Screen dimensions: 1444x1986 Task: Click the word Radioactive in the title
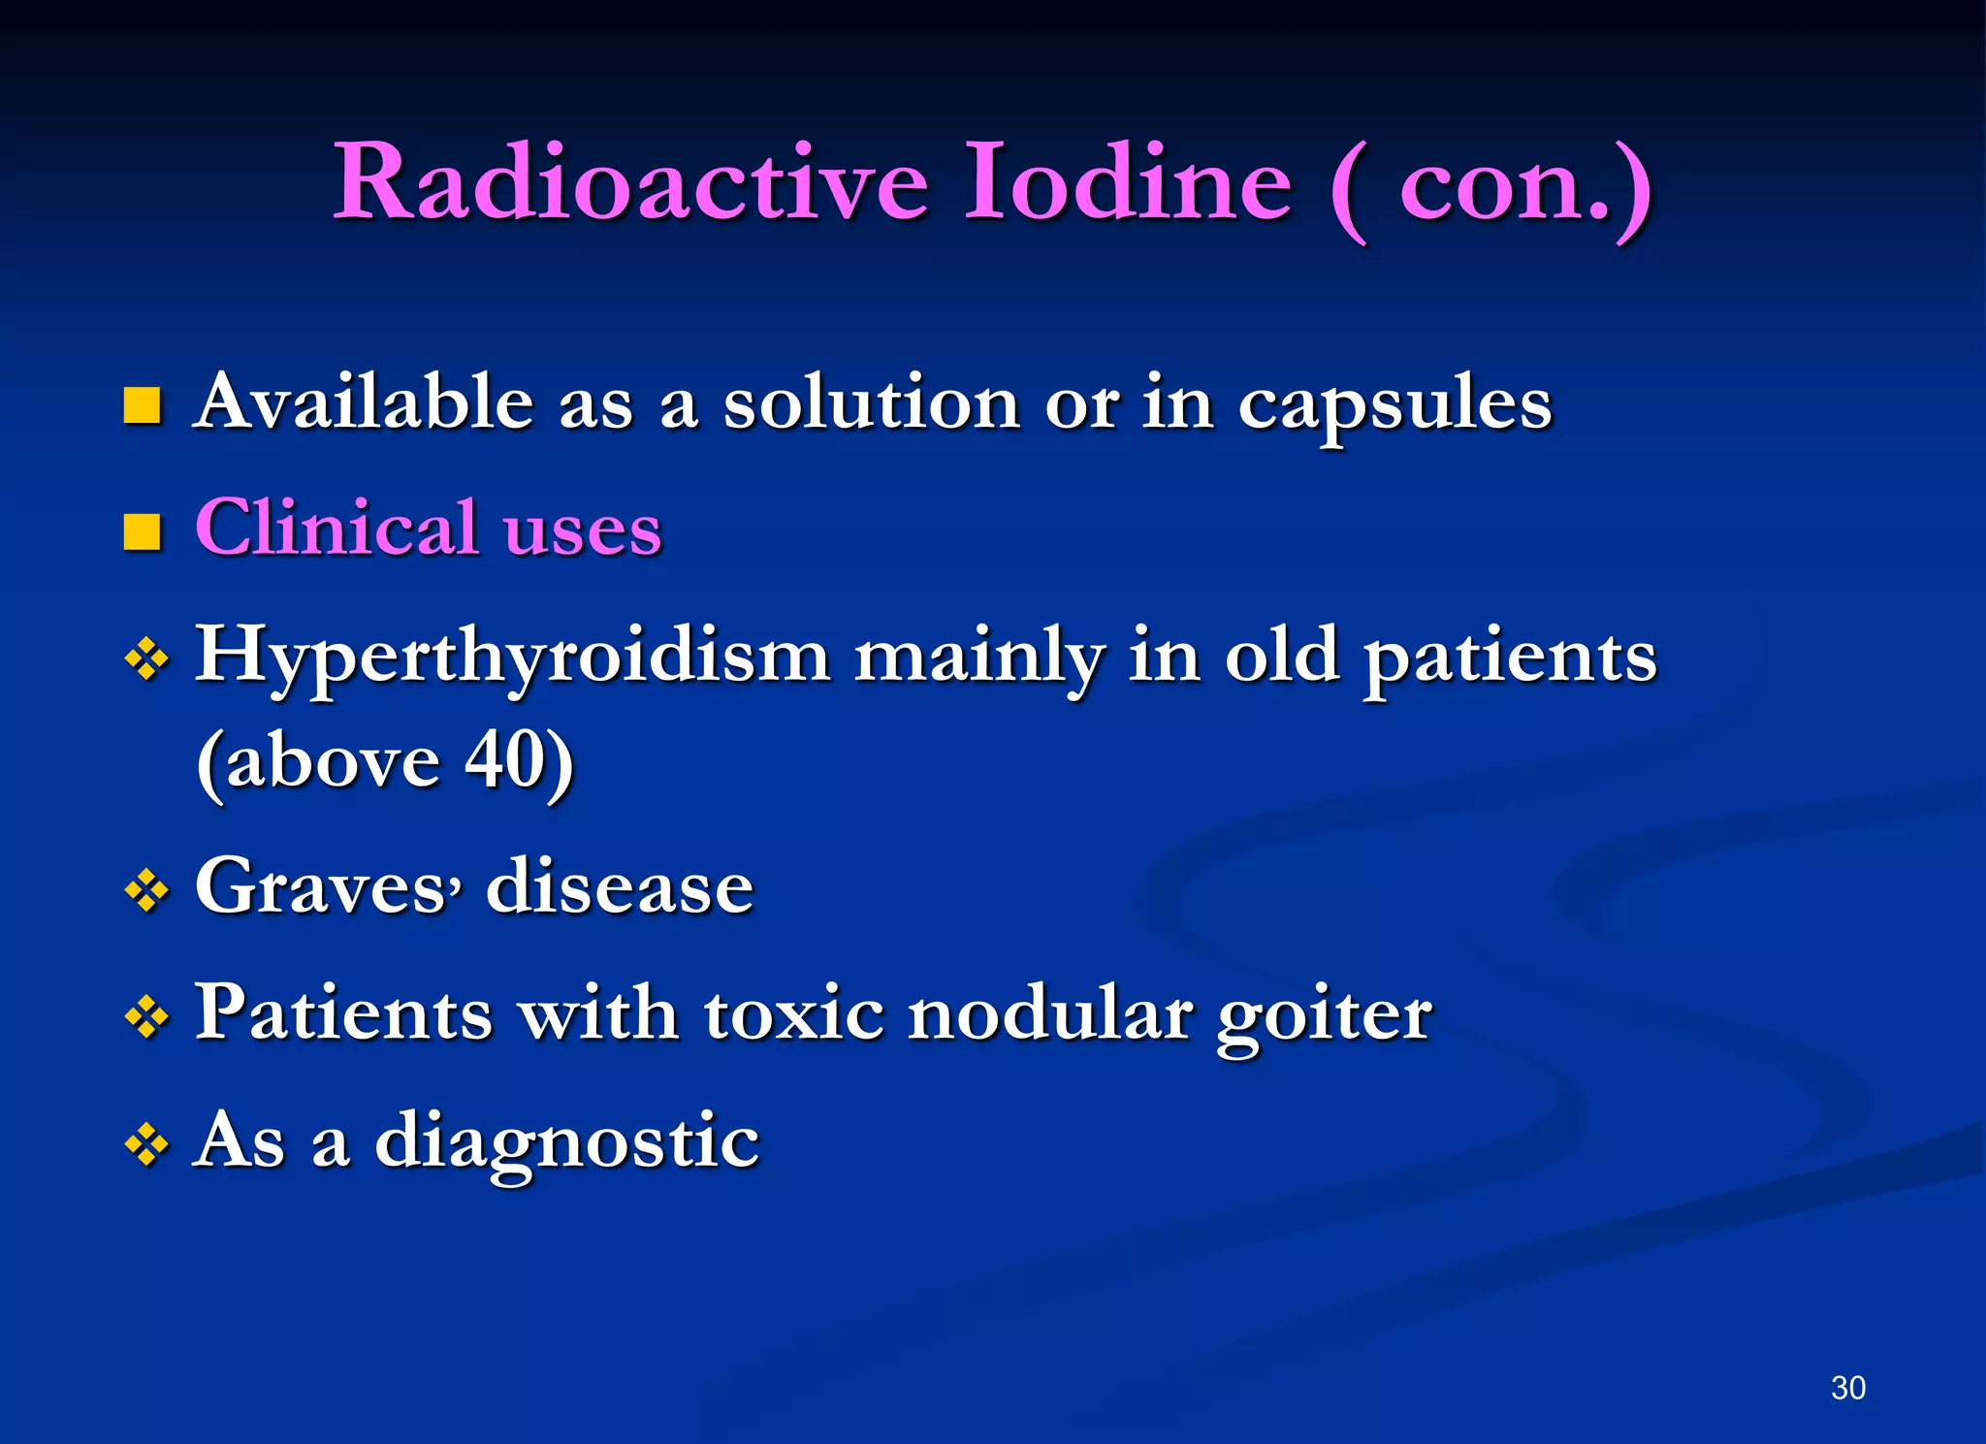[630, 182]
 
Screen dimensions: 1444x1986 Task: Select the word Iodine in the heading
[1128, 182]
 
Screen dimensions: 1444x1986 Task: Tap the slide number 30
[1848, 1388]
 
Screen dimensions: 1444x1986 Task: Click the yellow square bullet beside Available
[143, 405]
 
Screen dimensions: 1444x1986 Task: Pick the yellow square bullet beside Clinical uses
[143, 531]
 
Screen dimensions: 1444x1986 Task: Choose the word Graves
[320, 886]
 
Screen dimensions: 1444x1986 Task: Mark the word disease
[620, 886]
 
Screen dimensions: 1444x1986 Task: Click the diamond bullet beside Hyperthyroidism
[146, 661]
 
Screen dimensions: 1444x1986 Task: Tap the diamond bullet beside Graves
[146, 890]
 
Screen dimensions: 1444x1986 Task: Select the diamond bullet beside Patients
[146, 1017]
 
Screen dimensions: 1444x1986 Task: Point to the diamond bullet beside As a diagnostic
[146, 1144]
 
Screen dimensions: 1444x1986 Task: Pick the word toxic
[794, 1014]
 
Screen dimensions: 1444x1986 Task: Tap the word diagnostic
[567, 1142]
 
